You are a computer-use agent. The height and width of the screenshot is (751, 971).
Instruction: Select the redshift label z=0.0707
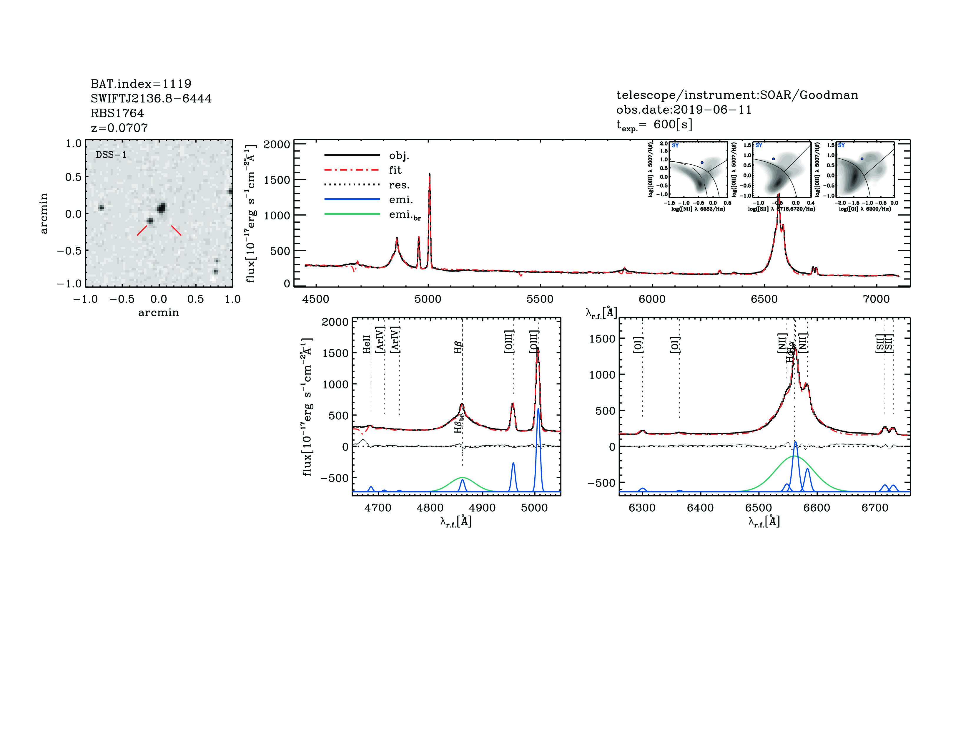coord(119,128)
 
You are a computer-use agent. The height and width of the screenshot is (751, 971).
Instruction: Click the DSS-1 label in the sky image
coord(111,155)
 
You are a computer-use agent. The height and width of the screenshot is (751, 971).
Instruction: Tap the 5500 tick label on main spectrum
coord(540,299)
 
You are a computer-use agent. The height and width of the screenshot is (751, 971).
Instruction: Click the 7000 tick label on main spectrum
coord(876,299)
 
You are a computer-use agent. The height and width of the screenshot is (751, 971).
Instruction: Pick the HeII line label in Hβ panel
coord(366,344)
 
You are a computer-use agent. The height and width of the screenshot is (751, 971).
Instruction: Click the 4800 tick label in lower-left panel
coord(430,508)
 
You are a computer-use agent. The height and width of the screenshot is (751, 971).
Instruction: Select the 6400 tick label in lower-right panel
coord(700,508)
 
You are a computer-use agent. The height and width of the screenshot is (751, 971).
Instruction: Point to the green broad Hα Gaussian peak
coord(794,456)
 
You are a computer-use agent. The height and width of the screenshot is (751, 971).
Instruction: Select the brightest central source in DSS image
coord(161,208)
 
